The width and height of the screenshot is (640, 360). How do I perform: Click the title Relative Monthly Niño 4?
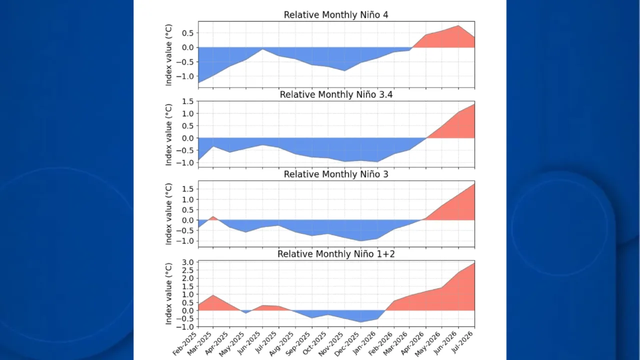[x=336, y=15]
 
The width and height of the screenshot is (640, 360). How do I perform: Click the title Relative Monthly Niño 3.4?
[x=336, y=94]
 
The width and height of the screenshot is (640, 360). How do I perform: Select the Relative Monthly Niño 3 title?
[x=336, y=174]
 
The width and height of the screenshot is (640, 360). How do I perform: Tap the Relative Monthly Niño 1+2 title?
[x=336, y=254]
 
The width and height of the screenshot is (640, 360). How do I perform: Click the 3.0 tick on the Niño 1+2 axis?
[x=188, y=262]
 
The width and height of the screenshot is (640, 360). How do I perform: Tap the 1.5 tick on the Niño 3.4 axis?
[x=188, y=101]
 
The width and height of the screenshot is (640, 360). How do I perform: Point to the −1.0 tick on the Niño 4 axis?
[x=184, y=76]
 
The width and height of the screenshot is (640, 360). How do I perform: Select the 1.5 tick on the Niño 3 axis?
[x=188, y=189]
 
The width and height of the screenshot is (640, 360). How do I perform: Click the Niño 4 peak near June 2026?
[x=458, y=25]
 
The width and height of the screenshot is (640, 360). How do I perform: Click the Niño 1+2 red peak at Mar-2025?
[x=213, y=295]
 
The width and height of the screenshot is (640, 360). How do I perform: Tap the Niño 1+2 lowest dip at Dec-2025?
[x=361, y=322]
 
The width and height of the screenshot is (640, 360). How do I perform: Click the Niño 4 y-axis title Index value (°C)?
[x=168, y=55]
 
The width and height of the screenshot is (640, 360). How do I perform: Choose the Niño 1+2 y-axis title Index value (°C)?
[x=168, y=293]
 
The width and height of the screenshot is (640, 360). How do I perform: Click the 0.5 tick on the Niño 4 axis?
[x=188, y=33]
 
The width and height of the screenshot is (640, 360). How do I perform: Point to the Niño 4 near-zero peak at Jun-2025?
[x=262, y=49]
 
